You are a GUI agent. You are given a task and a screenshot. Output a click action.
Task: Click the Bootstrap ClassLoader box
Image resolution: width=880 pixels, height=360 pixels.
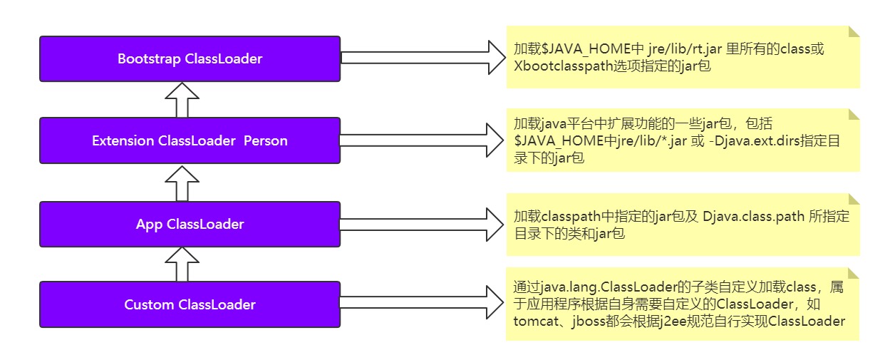pyautogui.click(x=190, y=58)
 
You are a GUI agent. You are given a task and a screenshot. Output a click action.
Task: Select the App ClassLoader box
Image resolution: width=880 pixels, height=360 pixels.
pyautogui.click(x=190, y=224)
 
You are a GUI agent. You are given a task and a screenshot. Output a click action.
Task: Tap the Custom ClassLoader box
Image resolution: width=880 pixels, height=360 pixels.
pyautogui.click(x=190, y=304)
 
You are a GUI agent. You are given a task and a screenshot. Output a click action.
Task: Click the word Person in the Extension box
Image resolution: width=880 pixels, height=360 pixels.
pyautogui.click(x=266, y=140)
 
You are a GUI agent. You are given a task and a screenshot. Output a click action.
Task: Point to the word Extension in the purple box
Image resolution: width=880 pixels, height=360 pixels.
pyautogui.click(x=123, y=140)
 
